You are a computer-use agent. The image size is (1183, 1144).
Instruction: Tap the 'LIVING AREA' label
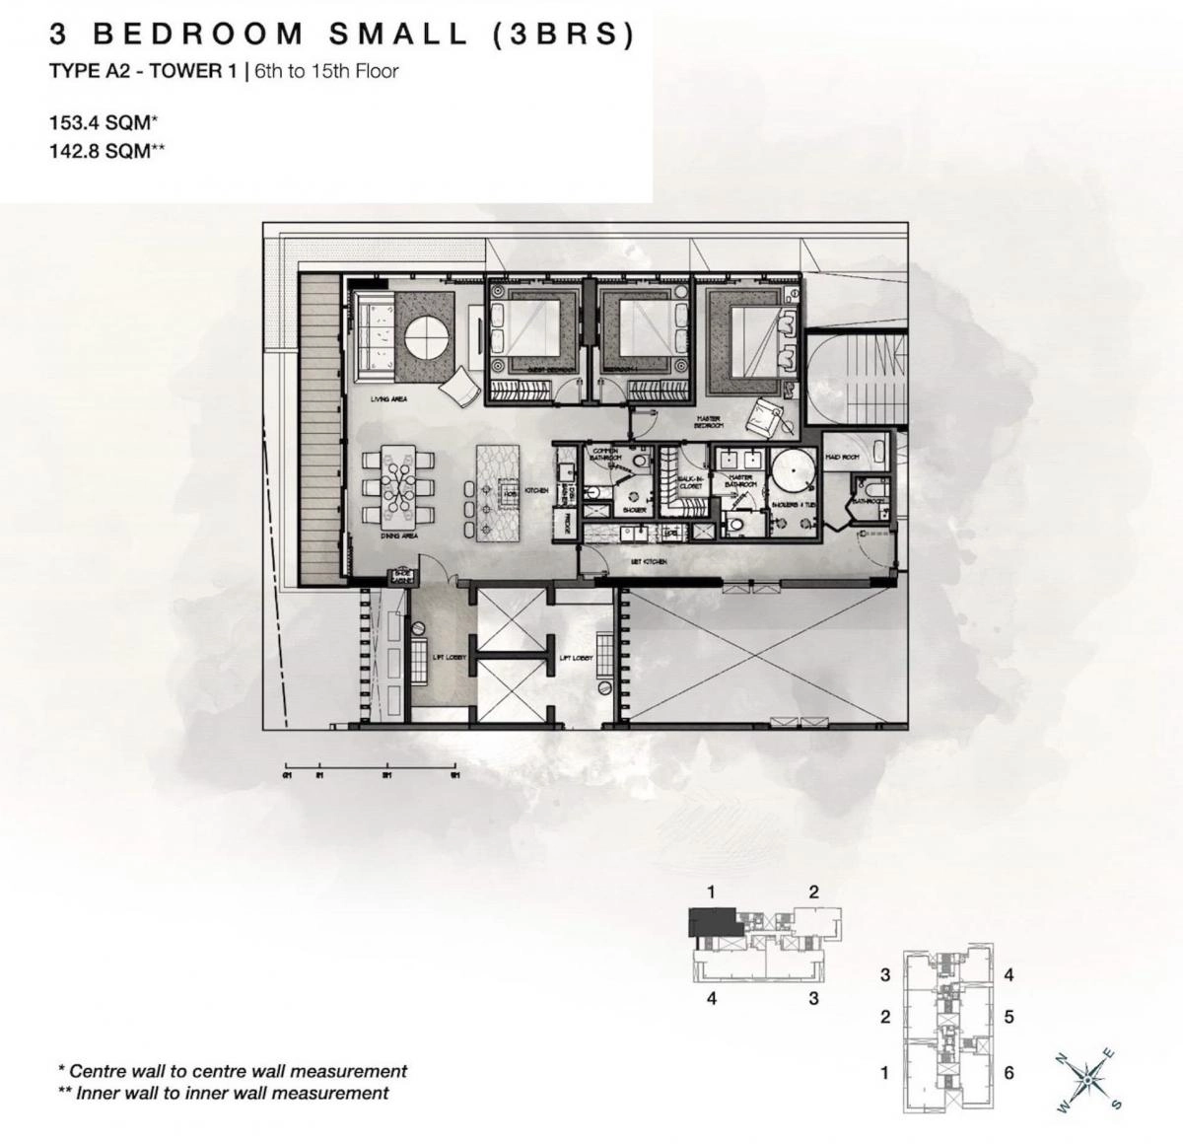pos(388,398)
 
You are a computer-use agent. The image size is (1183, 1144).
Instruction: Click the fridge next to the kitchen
pos(567,523)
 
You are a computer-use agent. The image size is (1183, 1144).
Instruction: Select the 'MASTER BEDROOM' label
pos(708,422)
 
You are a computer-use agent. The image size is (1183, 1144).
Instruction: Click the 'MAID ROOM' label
pos(843,457)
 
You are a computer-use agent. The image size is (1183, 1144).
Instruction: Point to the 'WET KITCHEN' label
pos(649,561)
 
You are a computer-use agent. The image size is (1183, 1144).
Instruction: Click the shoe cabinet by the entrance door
pos(376,576)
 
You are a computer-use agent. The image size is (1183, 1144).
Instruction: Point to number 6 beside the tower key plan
pos(1009,1072)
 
